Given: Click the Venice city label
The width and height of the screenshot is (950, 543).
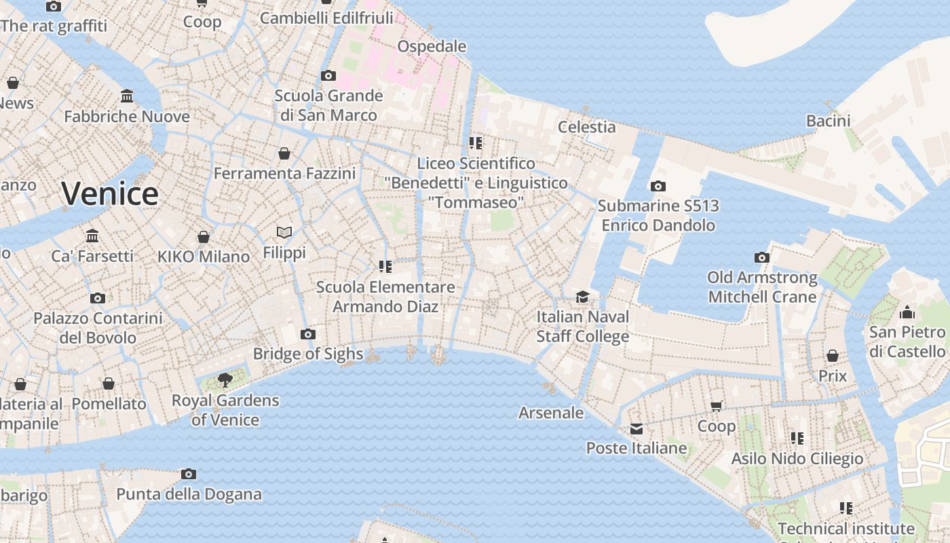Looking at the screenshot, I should pyautogui.click(x=110, y=194).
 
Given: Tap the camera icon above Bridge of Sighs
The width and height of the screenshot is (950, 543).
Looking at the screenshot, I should pyautogui.click(x=308, y=334).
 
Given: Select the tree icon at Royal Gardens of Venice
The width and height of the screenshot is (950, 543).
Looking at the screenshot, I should pyautogui.click(x=225, y=380).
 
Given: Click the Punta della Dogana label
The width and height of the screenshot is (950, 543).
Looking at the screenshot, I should pyautogui.click(x=189, y=493).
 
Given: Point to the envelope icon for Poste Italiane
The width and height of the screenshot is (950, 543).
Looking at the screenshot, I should pyautogui.click(x=636, y=429).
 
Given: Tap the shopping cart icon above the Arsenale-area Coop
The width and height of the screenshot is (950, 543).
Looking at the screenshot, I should pyautogui.click(x=717, y=407).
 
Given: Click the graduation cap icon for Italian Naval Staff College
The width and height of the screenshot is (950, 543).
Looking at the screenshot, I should pyautogui.click(x=582, y=297).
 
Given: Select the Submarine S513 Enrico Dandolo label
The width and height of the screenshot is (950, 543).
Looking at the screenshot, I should pyautogui.click(x=658, y=215).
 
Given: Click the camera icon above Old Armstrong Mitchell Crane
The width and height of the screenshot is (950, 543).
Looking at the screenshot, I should pyautogui.click(x=762, y=257).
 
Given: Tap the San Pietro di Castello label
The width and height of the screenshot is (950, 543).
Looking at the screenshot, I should pyautogui.click(x=907, y=341).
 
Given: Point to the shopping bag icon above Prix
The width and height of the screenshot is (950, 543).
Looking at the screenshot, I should pyautogui.click(x=833, y=356).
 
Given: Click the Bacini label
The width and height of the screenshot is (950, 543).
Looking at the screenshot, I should pyautogui.click(x=828, y=121).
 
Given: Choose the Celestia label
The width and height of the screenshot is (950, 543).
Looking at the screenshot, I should pyautogui.click(x=586, y=127).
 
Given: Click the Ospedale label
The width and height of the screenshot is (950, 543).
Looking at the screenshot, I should pyautogui.click(x=432, y=46).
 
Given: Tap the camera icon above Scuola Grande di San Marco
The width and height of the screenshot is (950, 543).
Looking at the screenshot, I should pyautogui.click(x=328, y=75).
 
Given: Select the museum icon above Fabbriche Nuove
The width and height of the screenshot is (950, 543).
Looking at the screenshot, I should pyautogui.click(x=127, y=96).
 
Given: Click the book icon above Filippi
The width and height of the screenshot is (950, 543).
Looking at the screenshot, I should pyautogui.click(x=284, y=233).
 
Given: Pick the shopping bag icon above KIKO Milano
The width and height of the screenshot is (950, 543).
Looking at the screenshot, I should pyautogui.click(x=203, y=237).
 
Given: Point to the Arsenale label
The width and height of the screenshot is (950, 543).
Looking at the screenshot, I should pyautogui.click(x=551, y=413).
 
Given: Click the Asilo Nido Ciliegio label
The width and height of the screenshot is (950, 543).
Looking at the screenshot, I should pyautogui.click(x=797, y=459).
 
